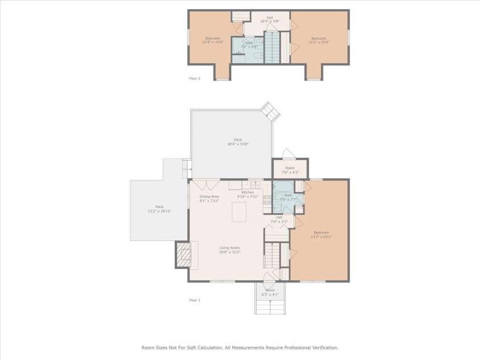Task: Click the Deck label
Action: tap(238, 140)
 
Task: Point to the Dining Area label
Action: tap(209, 197)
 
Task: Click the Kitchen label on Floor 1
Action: tap(248, 193)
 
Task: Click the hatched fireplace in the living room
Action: tap(183, 255)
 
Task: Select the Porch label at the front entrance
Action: tap(270, 290)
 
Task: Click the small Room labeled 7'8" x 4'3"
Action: tap(290, 169)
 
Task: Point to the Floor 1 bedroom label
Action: tap(321, 232)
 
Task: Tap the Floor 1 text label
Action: tap(195, 300)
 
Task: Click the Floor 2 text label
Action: tap(195, 79)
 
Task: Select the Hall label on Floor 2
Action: tap(270, 18)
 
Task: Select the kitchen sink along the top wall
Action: tap(253, 185)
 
